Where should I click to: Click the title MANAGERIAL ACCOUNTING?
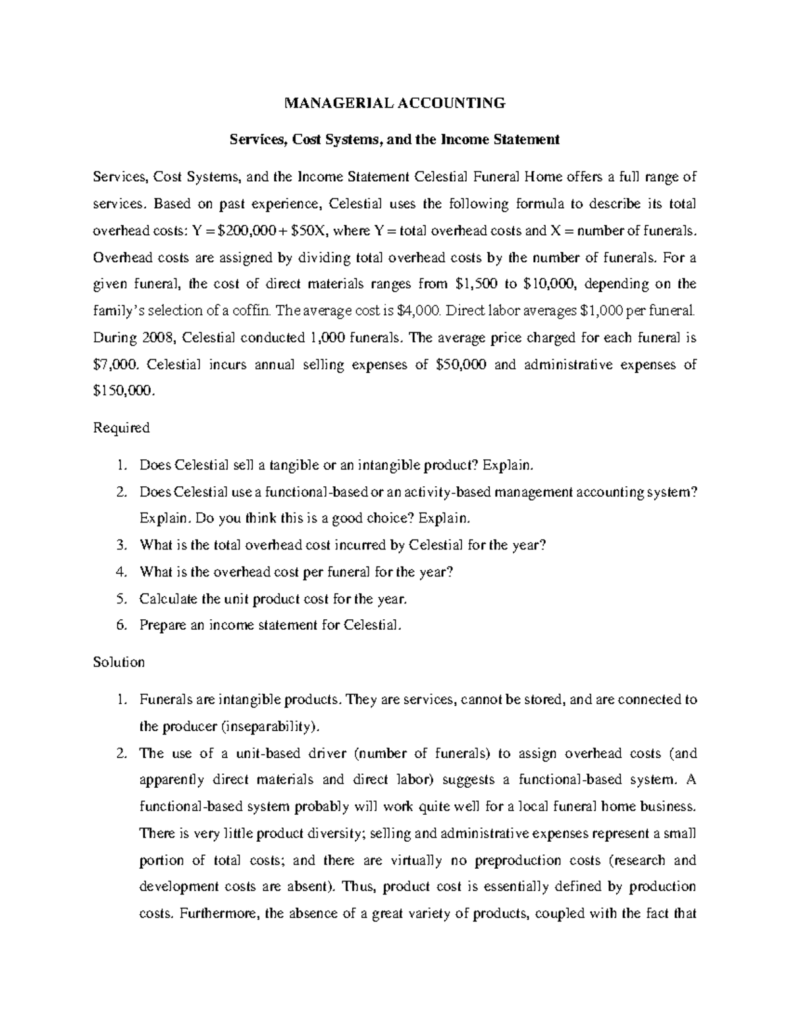point(394,103)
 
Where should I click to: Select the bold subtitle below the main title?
point(394,140)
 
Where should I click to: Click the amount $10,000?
point(550,284)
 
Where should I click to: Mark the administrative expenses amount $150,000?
point(125,391)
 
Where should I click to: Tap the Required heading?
point(122,428)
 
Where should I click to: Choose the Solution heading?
point(119,662)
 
